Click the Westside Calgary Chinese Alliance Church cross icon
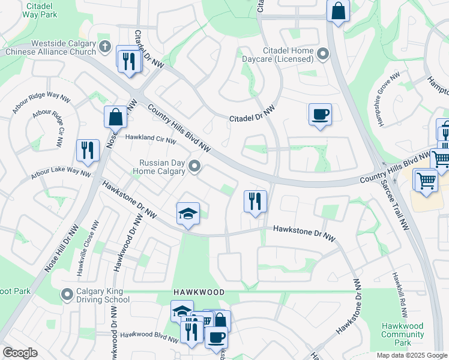[105, 46]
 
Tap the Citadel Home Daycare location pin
[322, 55]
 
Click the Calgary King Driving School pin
[67, 295]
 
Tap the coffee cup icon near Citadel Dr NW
[320, 114]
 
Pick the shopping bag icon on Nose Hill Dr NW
[115, 118]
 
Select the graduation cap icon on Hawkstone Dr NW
[188, 214]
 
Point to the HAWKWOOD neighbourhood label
[199, 292]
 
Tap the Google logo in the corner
[20, 353]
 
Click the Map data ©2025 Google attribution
[411, 355]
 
